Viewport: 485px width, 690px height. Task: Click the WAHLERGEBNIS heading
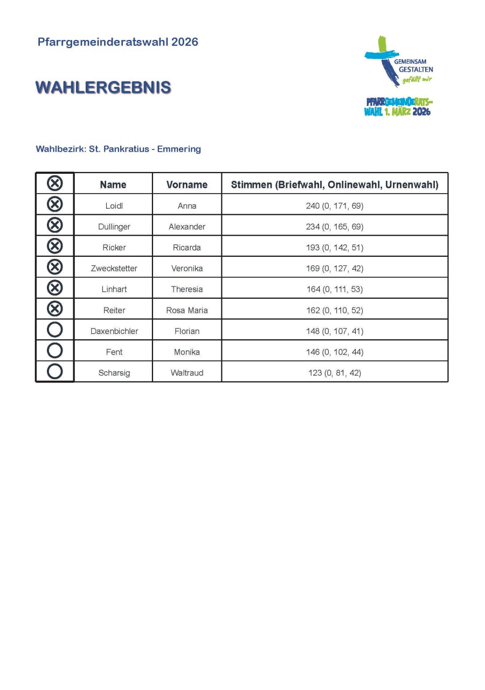click(x=103, y=88)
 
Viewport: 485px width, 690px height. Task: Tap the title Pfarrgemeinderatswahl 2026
click(x=118, y=42)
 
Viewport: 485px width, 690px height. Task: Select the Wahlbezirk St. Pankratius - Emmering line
click(x=118, y=149)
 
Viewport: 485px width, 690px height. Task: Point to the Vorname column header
click(x=187, y=185)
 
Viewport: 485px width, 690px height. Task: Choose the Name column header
click(x=113, y=185)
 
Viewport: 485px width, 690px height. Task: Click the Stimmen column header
click(x=335, y=185)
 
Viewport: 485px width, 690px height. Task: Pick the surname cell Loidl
click(x=114, y=206)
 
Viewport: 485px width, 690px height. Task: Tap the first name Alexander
click(x=187, y=227)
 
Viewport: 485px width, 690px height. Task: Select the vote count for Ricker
click(x=335, y=248)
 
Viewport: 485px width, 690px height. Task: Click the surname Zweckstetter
click(x=114, y=268)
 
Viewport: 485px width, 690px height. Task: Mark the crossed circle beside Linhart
click(x=55, y=288)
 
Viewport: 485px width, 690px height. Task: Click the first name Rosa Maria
click(x=187, y=310)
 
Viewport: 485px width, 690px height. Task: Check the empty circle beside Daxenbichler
click(x=55, y=330)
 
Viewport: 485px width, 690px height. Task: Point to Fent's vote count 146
click(x=335, y=352)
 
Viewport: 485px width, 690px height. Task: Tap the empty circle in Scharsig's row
click(x=55, y=372)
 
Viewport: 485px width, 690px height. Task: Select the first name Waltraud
click(x=187, y=373)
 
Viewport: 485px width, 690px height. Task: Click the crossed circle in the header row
click(x=55, y=183)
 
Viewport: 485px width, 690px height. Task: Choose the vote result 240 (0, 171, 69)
click(x=335, y=206)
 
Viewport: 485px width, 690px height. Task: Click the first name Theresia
click(x=187, y=289)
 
